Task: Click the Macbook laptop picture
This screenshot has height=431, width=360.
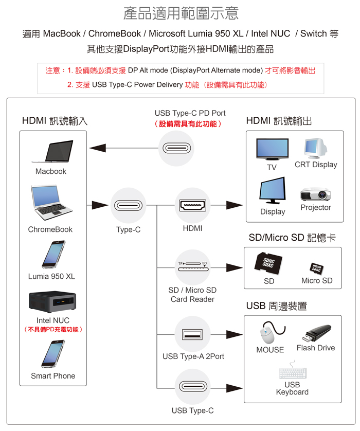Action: coord(51,152)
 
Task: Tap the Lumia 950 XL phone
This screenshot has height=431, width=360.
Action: coord(52,255)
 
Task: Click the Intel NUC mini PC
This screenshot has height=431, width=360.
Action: coord(52,302)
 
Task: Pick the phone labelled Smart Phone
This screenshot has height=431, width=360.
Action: coord(52,354)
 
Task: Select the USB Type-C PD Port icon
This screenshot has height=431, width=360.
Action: coord(177,148)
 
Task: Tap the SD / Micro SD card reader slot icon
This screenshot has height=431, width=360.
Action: coord(192,267)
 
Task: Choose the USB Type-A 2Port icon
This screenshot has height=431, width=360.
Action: coord(193,335)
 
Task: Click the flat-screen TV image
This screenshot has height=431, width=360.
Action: coord(272,150)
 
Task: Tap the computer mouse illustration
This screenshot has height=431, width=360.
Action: coord(269,333)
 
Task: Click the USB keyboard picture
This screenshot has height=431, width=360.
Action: coord(292,372)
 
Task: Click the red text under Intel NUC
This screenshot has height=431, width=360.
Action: coord(53,329)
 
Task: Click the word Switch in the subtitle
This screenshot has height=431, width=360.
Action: coord(313,34)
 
